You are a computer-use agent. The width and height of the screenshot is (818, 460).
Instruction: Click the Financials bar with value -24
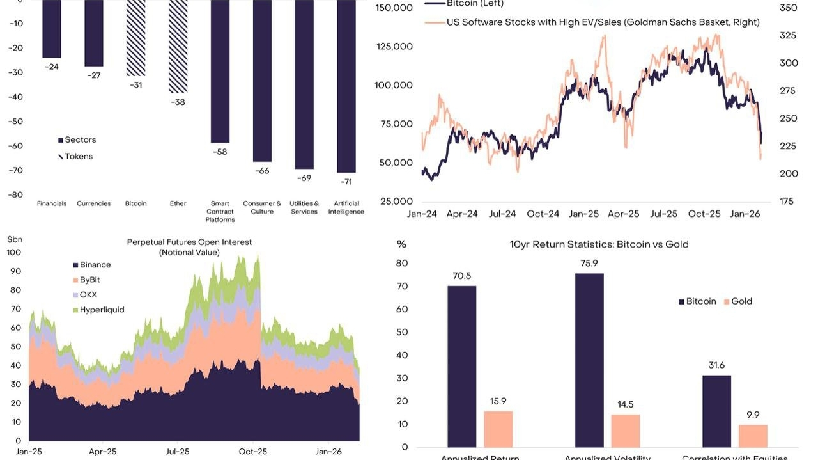pos(52,29)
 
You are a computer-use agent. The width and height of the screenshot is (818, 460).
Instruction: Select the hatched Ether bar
pos(178,46)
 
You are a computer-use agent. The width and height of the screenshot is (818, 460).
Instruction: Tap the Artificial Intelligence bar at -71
pos(346,86)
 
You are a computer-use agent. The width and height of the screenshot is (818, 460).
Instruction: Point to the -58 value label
pos(219,152)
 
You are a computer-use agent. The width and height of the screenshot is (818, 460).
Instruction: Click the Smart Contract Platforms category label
pos(220,211)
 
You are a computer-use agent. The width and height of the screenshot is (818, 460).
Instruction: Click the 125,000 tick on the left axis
pos(394,47)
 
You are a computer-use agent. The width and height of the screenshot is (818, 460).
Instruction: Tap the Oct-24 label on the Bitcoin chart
pos(543,214)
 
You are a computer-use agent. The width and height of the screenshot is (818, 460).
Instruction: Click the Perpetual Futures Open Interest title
pos(189,242)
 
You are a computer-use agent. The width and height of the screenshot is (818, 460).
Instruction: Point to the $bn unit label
pos(14,239)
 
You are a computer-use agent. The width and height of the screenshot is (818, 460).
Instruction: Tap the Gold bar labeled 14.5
pos(626,431)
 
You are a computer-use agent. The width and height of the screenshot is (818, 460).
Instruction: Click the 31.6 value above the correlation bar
pos(716,365)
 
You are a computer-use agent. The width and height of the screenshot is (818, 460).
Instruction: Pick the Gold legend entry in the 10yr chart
pos(737,301)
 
